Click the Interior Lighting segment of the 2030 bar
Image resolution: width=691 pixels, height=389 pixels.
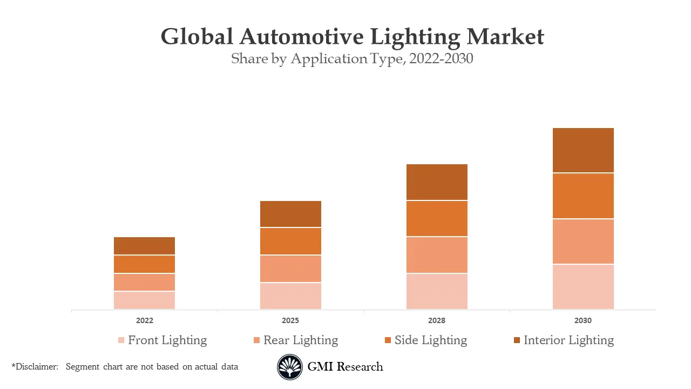tap(583, 150)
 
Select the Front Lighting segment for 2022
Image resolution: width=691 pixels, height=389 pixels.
tap(144, 300)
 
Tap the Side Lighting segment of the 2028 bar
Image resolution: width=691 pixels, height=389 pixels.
tap(437, 218)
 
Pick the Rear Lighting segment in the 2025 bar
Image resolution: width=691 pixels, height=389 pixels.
tap(290, 269)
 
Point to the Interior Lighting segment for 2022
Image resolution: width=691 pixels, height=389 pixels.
tap(144, 246)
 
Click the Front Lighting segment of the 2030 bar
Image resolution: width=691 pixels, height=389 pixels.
tap(583, 287)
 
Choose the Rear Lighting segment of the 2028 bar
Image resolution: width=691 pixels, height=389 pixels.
tap(437, 255)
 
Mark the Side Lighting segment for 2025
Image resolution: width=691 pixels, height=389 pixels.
tap(290, 241)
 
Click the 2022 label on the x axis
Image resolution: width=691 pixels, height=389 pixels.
tap(144, 320)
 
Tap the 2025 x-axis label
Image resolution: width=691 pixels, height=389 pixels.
tap(290, 320)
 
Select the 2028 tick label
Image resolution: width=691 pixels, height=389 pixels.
tap(437, 320)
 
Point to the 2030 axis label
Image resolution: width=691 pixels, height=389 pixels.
tap(583, 320)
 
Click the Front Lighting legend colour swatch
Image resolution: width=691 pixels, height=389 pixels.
tap(121, 340)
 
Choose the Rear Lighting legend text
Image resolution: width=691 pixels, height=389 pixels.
tap(300, 340)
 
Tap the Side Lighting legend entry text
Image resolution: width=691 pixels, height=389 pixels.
tap(430, 340)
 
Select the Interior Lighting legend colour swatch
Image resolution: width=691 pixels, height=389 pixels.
tap(517, 340)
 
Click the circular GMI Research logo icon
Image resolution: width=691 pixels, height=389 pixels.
tap(290, 367)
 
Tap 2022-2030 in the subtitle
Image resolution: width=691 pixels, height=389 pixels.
tap(441, 59)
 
